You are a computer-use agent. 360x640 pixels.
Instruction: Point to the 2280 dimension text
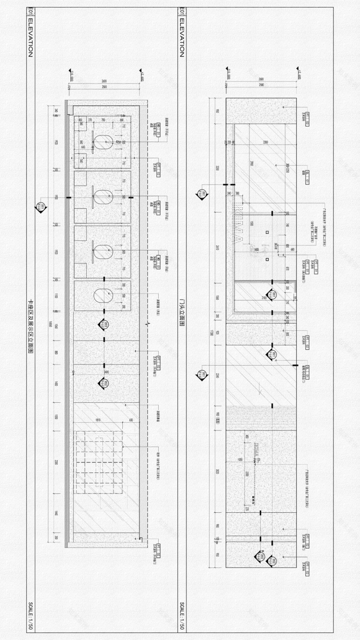265,142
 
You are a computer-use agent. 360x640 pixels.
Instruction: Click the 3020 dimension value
218,471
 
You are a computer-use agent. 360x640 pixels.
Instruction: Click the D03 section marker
103,325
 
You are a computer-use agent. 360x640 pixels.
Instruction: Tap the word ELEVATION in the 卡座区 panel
30,36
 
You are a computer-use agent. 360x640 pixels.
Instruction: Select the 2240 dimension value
218,376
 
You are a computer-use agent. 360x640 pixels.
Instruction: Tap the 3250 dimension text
218,168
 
